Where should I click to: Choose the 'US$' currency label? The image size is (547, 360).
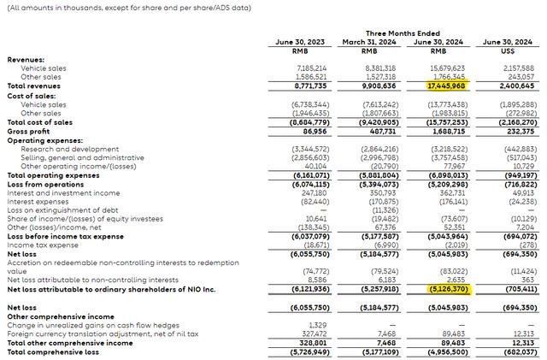pos(510,50)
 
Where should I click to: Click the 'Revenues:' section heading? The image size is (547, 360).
pos(26,59)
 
